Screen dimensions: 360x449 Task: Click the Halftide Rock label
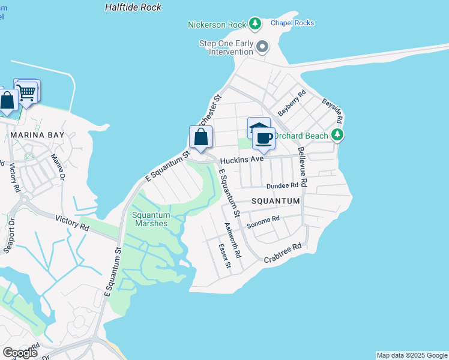coord(133,7)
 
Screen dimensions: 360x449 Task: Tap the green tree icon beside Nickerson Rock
coord(256,24)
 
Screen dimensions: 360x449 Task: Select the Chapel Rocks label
coord(292,23)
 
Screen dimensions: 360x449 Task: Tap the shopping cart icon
coord(26,92)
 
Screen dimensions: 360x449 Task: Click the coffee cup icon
coord(264,139)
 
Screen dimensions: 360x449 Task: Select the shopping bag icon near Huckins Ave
coord(201,137)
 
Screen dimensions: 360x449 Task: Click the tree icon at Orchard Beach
coord(339,135)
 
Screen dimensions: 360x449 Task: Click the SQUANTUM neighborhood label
coord(275,202)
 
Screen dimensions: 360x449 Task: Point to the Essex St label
coord(223,254)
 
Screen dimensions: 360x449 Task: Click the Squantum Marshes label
coord(151,219)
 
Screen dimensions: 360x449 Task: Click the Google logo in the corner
coord(20,352)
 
